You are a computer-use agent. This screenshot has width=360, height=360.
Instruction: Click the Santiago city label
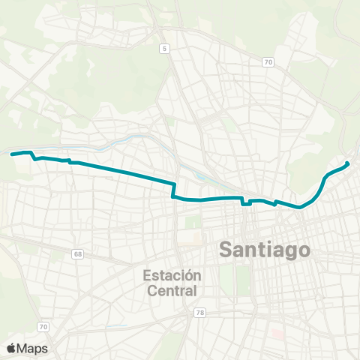point(265,250)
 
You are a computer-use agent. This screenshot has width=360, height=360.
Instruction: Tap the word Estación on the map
point(172,275)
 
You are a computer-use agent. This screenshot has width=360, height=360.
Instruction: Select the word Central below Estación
point(172,290)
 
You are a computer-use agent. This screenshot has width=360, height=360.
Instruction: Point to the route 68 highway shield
point(78,254)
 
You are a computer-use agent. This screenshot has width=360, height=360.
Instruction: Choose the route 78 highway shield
point(199,313)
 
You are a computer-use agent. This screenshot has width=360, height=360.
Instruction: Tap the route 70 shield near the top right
point(268,62)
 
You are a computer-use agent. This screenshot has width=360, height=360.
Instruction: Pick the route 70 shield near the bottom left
point(43,326)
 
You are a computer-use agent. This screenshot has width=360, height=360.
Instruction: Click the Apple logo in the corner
point(10,348)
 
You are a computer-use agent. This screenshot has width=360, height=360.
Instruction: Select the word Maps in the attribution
point(32,348)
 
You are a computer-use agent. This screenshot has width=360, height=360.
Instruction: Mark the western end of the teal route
point(12,154)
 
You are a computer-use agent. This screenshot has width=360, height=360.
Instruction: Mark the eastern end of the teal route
point(347,164)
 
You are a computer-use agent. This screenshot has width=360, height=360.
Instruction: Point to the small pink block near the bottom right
point(278,334)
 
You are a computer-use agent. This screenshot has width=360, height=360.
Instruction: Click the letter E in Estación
point(146,275)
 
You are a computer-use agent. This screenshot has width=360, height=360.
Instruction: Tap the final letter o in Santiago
point(303,250)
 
